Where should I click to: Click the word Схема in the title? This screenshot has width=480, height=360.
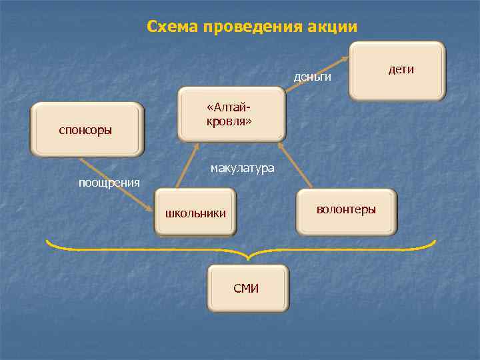coord(173,27)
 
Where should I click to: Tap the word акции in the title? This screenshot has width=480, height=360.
coord(333,27)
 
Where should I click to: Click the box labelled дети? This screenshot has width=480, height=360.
coord(397,71)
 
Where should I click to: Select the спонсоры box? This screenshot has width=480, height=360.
coord(88,129)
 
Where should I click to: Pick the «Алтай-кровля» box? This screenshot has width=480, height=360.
coord(231,115)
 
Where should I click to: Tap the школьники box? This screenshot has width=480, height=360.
coord(195,213)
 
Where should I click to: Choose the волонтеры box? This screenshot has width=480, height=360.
coord(346,211)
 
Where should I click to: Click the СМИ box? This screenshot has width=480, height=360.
coord(247,289)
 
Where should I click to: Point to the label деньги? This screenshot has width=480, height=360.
coord(313,77)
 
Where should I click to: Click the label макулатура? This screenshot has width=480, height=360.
coord(242,168)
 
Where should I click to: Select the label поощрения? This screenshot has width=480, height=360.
coord(109,183)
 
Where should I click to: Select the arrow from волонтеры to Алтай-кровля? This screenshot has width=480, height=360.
coord(295,165)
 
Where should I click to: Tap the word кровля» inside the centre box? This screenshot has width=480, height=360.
coord(229,123)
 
